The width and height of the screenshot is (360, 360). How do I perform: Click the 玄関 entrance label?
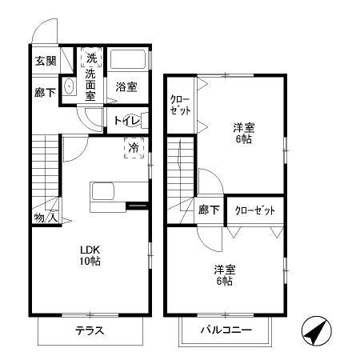[46, 61]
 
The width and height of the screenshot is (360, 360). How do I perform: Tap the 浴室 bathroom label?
[126, 86]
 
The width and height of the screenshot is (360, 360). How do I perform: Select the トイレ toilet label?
[128, 122]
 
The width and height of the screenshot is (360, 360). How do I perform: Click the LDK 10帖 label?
[89, 254]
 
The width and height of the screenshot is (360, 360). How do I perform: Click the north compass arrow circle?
[319, 332]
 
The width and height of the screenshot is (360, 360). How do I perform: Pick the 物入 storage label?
[45, 216]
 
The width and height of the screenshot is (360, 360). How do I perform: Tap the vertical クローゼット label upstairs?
[180, 105]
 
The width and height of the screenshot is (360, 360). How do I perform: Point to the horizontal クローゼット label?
[255, 210]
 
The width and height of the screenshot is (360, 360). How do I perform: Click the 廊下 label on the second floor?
[210, 210]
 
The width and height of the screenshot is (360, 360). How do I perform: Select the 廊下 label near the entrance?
[46, 93]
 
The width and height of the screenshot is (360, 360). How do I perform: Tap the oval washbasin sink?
[69, 87]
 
